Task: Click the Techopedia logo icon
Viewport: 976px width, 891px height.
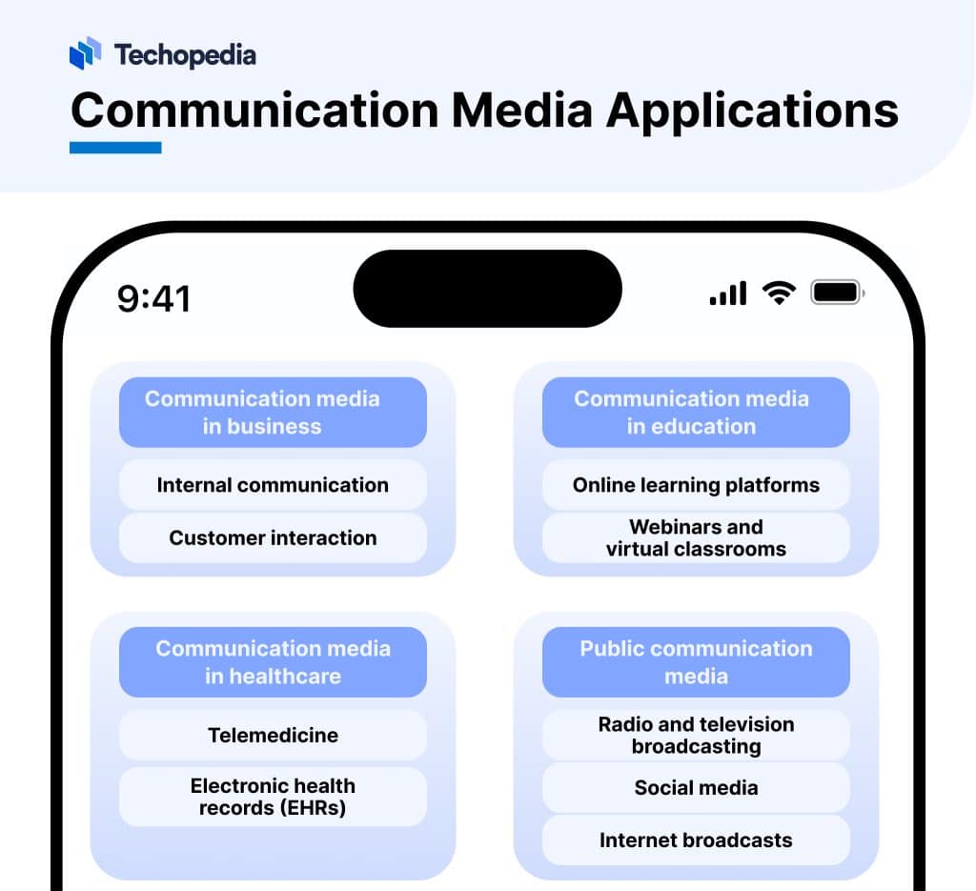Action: tap(85, 53)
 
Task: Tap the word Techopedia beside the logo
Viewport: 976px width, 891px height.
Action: tap(185, 55)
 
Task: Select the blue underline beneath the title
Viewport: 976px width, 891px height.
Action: tap(115, 148)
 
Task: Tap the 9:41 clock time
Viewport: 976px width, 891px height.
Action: tap(153, 298)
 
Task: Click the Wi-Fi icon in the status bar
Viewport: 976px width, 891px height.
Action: tap(779, 294)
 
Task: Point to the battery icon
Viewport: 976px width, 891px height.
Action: tap(836, 293)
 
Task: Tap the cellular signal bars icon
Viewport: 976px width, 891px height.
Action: tap(728, 294)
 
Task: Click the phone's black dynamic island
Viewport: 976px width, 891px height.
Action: tap(487, 288)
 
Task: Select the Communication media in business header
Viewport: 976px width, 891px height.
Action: tap(273, 413)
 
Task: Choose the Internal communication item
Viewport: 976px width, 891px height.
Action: tap(273, 485)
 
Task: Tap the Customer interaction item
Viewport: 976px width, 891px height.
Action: tap(273, 537)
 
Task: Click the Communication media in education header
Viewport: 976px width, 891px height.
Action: tap(696, 413)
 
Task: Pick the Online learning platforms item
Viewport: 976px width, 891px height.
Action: tap(696, 485)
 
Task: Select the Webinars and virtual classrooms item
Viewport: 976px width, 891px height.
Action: tap(696, 537)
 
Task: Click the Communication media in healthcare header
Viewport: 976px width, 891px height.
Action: tap(273, 662)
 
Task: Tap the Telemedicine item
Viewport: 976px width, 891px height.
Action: tap(273, 735)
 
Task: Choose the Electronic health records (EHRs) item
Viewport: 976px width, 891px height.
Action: tap(273, 797)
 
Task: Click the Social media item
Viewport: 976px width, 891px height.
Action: tap(696, 788)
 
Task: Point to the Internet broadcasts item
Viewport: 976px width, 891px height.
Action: tap(696, 840)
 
